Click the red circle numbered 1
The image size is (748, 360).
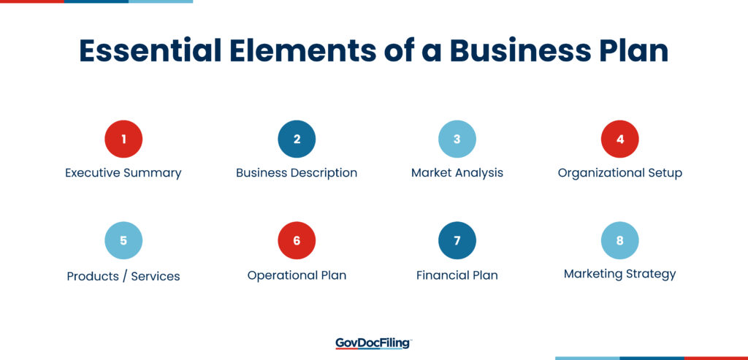(x=123, y=139)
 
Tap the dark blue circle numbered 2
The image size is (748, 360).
(x=297, y=139)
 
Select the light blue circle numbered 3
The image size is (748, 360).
(x=457, y=139)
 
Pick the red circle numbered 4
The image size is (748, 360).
(x=619, y=139)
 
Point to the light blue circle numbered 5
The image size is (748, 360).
(x=123, y=240)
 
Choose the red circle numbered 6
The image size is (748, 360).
(x=297, y=240)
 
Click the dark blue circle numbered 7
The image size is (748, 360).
(x=457, y=240)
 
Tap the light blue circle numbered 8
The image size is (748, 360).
(x=619, y=240)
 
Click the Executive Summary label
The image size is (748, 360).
(x=123, y=173)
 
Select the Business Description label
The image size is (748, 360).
(x=297, y=173)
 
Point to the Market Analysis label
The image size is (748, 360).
(x=457, y=173)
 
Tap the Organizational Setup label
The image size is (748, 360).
(x=619, y=173)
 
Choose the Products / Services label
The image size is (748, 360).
(x=123, y=276)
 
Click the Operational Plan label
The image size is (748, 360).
(x=297, y=275)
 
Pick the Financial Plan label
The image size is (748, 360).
(x=457, y=275)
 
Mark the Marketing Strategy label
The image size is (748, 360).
(x=619, y=275)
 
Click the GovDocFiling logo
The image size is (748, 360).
(x=373, y=343)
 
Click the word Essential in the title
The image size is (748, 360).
(x=150, y=50)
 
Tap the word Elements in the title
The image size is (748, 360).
(x=302, y=50)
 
